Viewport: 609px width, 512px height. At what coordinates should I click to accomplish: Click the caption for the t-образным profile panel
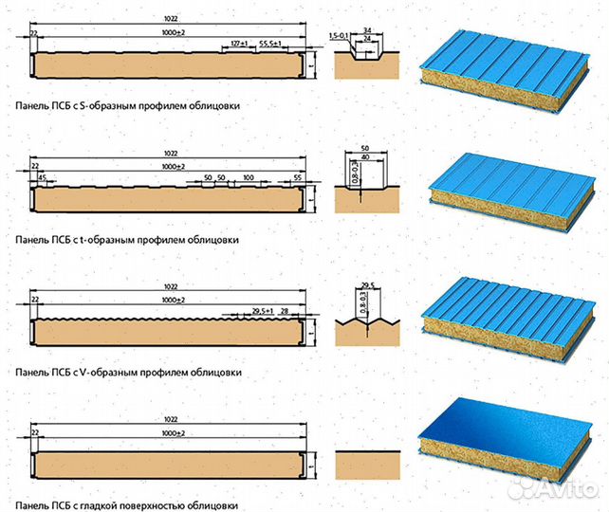[x=126, y=240]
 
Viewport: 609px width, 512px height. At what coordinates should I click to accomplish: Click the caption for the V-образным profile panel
[x=127, y=373]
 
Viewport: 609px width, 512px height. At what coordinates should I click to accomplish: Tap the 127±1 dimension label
[x=239, y=44]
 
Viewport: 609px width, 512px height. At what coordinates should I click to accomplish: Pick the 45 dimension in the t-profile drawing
[x=43, y=177]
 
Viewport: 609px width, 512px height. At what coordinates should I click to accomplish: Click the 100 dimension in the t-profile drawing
[x=248, y=177]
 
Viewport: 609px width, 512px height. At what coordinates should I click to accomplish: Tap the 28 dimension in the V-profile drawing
[x=285, y=310]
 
